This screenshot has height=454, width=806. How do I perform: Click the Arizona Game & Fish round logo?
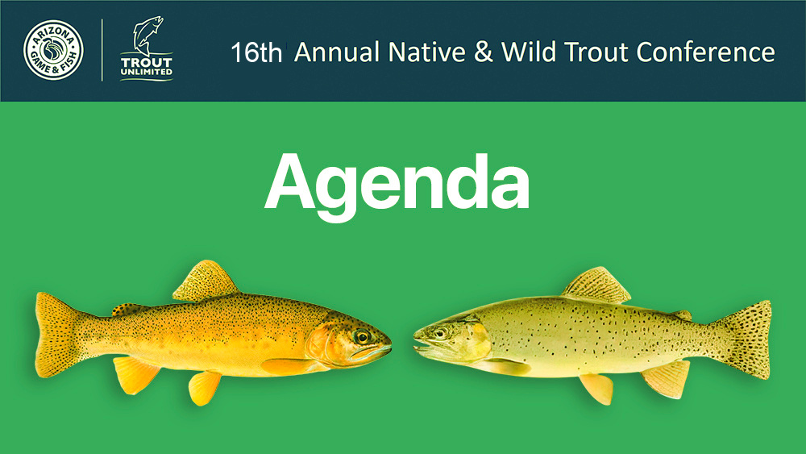[53, 50]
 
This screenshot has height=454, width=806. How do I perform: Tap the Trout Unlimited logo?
[147, 49]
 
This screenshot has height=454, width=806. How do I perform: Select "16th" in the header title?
[256, 53]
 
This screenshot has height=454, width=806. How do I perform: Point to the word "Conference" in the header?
[706, 52]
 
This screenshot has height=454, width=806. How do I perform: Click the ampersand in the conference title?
[483, 52]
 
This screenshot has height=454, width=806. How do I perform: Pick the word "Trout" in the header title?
[596, 52]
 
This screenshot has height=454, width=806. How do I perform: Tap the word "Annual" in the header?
[337, 52]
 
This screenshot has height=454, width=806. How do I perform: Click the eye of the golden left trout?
[362, 337]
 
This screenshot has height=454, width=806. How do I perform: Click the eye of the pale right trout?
[441, 333]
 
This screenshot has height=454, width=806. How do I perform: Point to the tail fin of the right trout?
[746, 339]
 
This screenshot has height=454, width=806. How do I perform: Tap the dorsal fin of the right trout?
[597, 285]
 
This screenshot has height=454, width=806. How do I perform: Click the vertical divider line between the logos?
[102, 50]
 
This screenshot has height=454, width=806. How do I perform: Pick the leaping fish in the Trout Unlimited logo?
[147, 35]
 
